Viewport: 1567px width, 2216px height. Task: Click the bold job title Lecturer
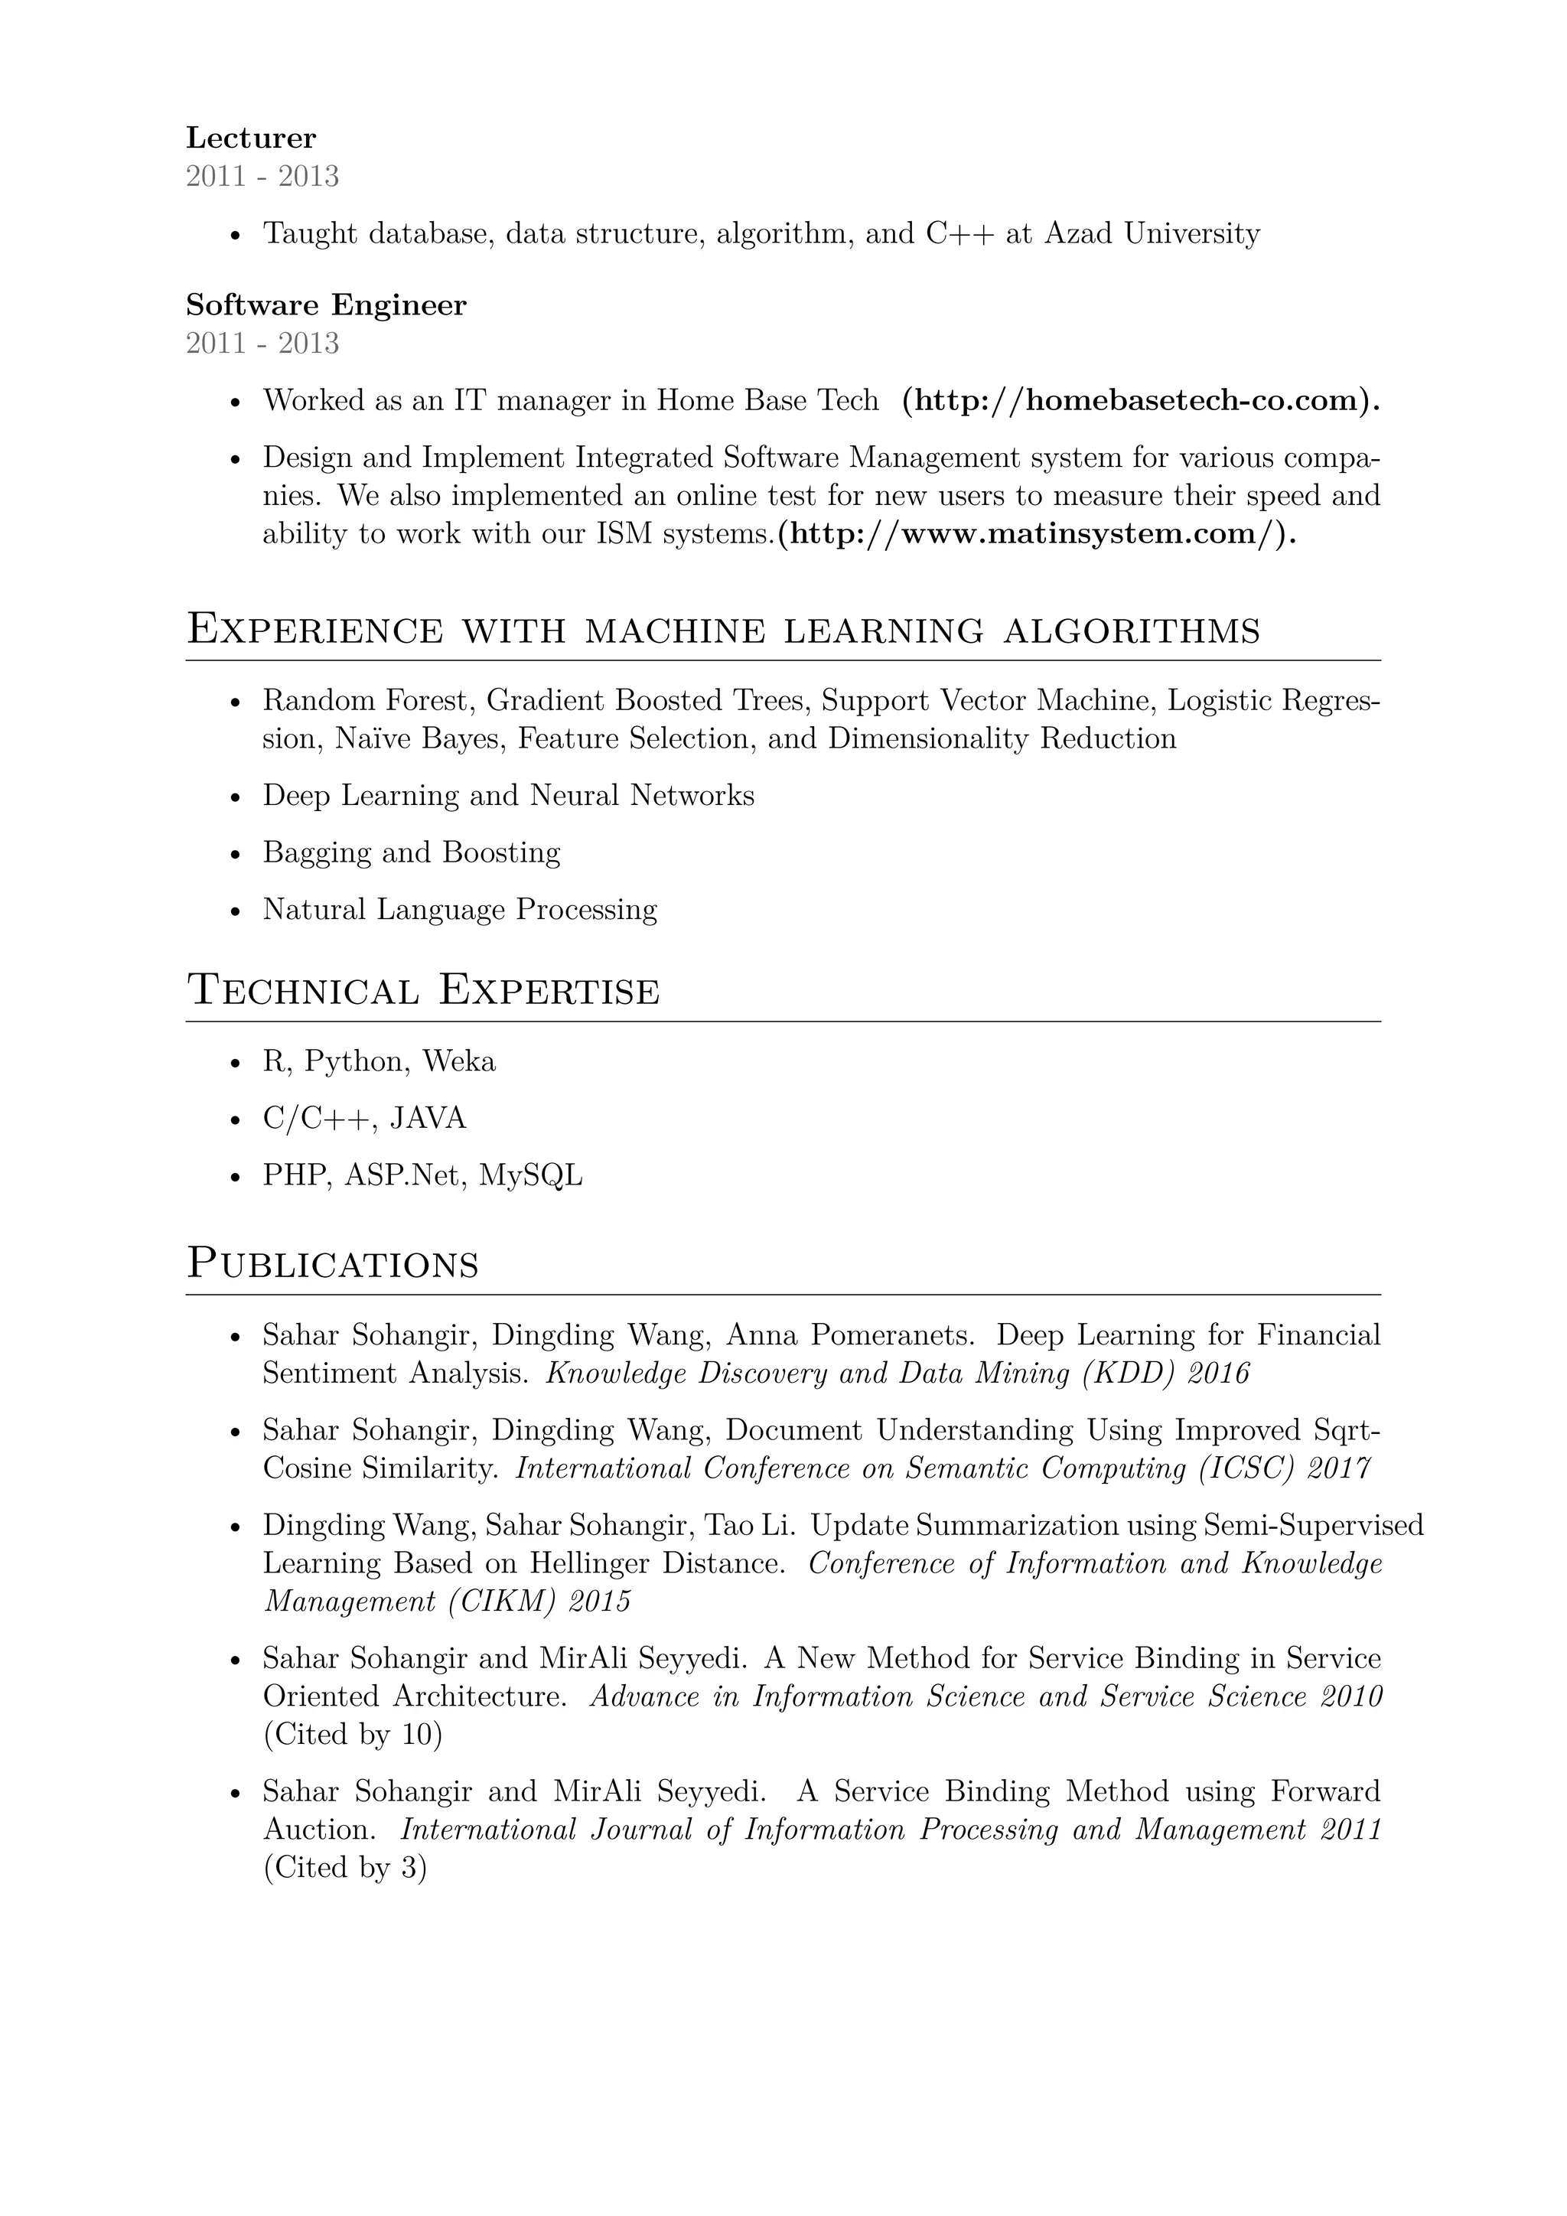(x=251, y=138)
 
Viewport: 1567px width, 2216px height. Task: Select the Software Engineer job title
(x=326, y=305)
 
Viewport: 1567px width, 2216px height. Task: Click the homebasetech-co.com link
(x=1141, y=399)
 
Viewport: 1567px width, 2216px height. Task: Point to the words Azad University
(x=1152, y=233)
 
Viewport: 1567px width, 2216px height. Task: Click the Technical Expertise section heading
(x=424, y=991)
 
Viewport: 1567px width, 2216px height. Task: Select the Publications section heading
(x=333, y=1264)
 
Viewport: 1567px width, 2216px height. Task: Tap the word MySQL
(x=531, y=1175)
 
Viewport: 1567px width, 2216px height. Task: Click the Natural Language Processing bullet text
(x=461, y=909)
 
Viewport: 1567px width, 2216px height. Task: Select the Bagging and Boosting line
(x=412, y=852)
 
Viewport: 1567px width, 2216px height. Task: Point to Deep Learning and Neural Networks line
(x=509, y=795)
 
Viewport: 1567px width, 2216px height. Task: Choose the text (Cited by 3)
(x=344, y=1868)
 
